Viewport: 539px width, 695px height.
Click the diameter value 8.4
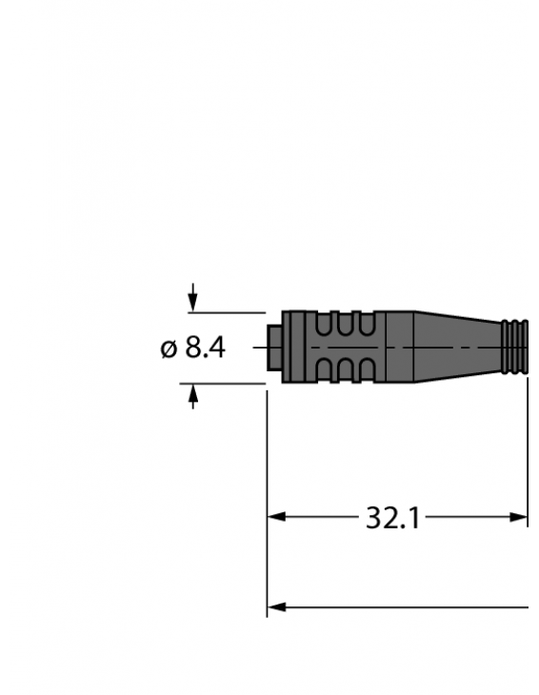click(x=205, y=348)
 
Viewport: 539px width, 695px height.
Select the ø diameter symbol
click(x=169, y=349)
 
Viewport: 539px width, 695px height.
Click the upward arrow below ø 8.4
click(x=193, y=395)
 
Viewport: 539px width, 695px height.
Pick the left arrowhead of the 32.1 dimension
click(x=276, y=518)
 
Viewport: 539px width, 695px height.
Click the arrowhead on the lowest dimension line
click(x=276, y=606)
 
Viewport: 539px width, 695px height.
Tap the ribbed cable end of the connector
click(x=514, y=347)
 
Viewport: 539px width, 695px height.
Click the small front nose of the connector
click(x=274, y=347)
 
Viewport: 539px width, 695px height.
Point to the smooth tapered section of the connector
click(x=457, y=347)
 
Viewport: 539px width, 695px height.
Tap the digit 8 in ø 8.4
click(x=193, y=348)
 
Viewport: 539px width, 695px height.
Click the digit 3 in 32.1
click(x=374, y=518)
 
